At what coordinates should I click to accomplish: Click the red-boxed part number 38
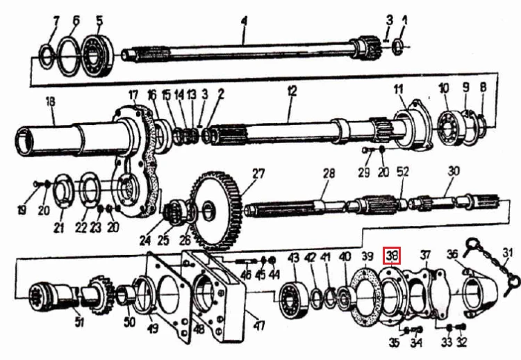coord(391,255)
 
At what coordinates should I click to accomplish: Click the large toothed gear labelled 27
coord(215,211)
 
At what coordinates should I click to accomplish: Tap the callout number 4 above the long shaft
coord(245,22)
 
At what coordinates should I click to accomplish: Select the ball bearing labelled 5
coord(97,56)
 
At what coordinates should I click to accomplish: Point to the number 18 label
coord(51,101)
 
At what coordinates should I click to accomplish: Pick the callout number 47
coord(259,325)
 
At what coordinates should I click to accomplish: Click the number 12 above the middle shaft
coord(292,91)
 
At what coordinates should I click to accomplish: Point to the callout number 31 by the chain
coord(507,253)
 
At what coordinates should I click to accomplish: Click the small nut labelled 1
coord(398,47)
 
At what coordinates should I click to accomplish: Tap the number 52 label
coord(403,172)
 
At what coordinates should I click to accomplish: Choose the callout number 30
coord(454,171)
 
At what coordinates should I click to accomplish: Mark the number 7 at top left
coord(56,22)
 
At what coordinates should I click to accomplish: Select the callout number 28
coord(329,173)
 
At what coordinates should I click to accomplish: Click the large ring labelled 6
coord(69,56)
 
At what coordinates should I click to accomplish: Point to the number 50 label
coord(129,322)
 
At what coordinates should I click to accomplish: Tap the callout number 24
coord(145,240)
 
